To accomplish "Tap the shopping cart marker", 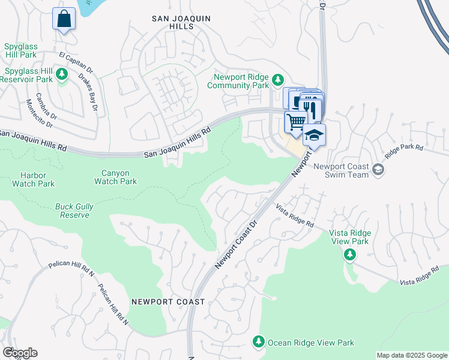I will [295, 122].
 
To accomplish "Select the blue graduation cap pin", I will [314, 136].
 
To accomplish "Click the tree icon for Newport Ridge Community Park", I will [277, 79].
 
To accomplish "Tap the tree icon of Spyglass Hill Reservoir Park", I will [62, 74].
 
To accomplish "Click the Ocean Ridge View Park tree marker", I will [259, 341].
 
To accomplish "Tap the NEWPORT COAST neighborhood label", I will [168, 302].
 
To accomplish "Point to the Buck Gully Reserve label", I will [74, 211].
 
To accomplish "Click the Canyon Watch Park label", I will [115, 177].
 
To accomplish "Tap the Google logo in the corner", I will [20, 353].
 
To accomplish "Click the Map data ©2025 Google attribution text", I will [411, 355].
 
